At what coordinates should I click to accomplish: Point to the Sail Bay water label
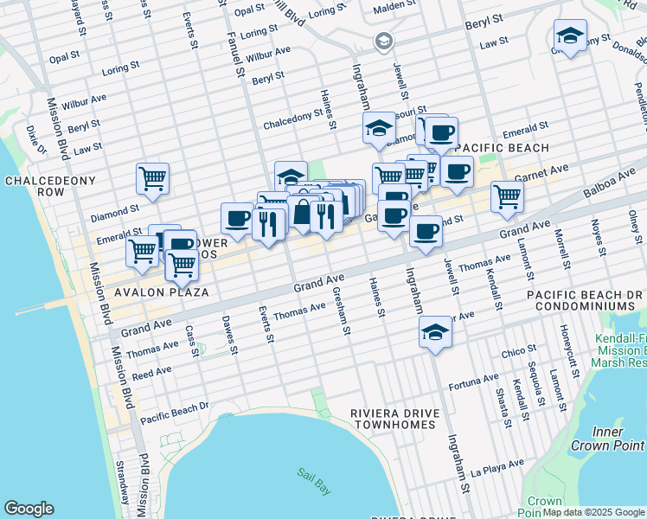point(313,480)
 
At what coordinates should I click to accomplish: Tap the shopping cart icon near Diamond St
point(153,178)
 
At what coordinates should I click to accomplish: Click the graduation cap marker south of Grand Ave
point(435,332)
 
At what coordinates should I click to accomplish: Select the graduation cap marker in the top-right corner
point(570,35)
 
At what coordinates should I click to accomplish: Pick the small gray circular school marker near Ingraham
point(383,42)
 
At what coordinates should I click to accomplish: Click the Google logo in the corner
point(29,508)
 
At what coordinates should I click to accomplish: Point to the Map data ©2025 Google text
point(593,512)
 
